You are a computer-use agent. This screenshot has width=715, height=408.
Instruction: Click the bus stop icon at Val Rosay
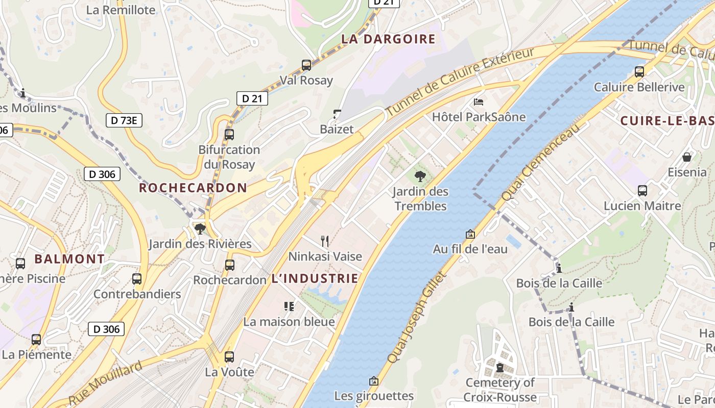306,65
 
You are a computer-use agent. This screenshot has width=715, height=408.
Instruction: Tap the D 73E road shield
124,120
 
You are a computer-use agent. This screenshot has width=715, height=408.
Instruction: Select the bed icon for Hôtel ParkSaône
479,102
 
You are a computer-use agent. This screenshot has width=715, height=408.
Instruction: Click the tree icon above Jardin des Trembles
420,176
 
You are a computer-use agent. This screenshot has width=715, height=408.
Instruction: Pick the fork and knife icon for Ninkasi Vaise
325,241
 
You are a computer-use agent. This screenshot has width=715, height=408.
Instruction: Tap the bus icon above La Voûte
229,356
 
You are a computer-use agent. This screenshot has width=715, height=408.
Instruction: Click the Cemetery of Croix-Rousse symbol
499,367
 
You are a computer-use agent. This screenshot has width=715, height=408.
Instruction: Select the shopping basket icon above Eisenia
687,157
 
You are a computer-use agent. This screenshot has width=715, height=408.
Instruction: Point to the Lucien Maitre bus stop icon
642,191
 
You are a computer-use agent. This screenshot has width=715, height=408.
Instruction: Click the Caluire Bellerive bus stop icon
639,72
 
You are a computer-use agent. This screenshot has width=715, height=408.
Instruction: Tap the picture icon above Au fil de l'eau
470,234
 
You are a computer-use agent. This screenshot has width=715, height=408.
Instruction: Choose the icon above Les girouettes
374,380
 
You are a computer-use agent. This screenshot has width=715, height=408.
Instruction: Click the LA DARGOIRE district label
388,39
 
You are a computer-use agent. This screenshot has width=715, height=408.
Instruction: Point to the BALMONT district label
69,259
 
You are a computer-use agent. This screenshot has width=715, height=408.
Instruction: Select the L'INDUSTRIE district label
315,278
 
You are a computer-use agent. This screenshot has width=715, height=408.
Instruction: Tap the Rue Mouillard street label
105,384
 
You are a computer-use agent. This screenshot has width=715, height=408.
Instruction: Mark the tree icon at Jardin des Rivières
200,228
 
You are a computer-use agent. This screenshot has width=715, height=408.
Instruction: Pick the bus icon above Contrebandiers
137,279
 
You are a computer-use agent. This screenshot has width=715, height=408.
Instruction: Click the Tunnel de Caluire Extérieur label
460,82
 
